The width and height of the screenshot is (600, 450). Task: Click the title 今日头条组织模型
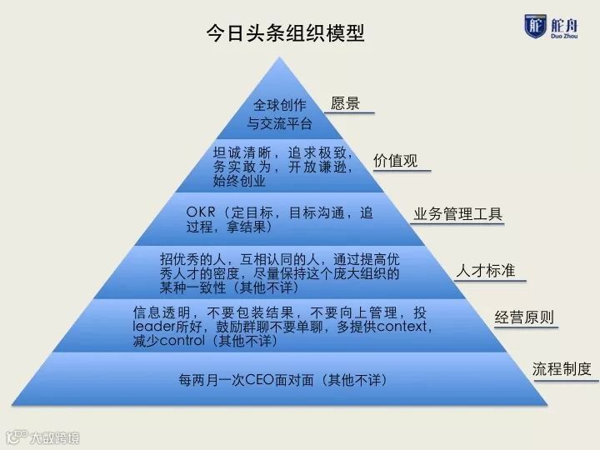pos(285,33)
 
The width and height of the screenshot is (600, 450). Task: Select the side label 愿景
pos(345,104)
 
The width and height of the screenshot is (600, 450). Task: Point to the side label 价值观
pos(395,161)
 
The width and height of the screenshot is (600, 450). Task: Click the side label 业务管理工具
pos(458,214)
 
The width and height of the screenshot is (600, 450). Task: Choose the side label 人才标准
pos(485,271)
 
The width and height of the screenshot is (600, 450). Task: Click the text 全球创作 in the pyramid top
pos(280,106)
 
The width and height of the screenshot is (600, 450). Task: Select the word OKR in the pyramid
pos(202,212)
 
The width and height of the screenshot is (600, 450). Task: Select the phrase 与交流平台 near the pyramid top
pos(279,124)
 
